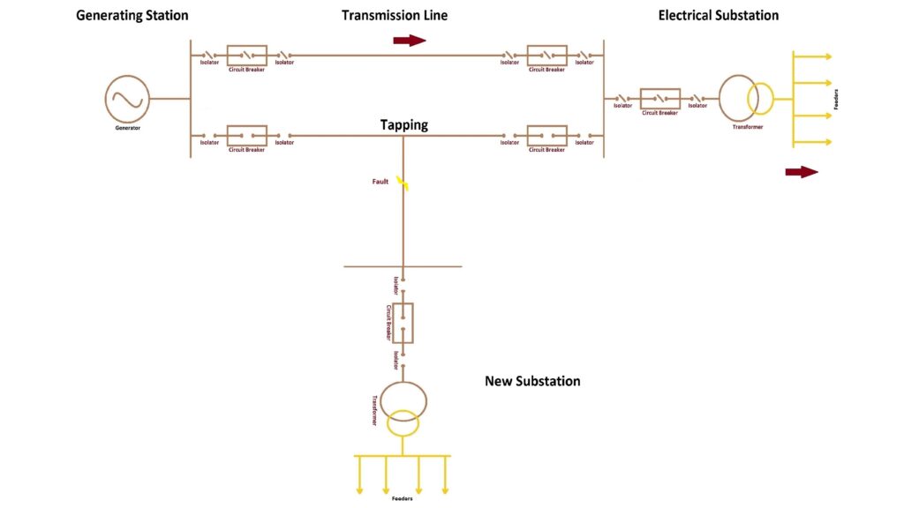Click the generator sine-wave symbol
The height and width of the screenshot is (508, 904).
point(127,98)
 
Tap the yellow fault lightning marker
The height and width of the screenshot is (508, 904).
point(403,183)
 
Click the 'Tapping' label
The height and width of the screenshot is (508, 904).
point(404,125)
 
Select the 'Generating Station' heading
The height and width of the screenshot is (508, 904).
point(132,15)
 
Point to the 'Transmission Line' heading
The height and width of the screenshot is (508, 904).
point(395,15)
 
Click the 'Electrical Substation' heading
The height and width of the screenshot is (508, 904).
point(719,15)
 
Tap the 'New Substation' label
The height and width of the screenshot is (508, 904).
point(532,381)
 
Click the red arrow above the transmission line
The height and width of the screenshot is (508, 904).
point(410,41)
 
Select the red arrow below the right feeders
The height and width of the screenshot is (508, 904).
point(802,172)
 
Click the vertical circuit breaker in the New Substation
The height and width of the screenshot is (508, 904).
point(403,323)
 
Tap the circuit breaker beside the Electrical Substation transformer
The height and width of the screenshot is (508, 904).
point(659,98)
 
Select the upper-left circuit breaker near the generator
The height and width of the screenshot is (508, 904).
point(246,56)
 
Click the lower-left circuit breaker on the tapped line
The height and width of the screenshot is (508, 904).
point(246,136)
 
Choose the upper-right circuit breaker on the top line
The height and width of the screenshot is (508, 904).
point(546,56)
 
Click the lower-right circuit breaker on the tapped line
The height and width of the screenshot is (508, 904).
point(546,136)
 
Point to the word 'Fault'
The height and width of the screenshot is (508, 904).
point(380,182)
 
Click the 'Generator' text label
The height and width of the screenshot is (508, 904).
point(127,128)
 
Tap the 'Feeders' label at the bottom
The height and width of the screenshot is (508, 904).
point(403,499)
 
